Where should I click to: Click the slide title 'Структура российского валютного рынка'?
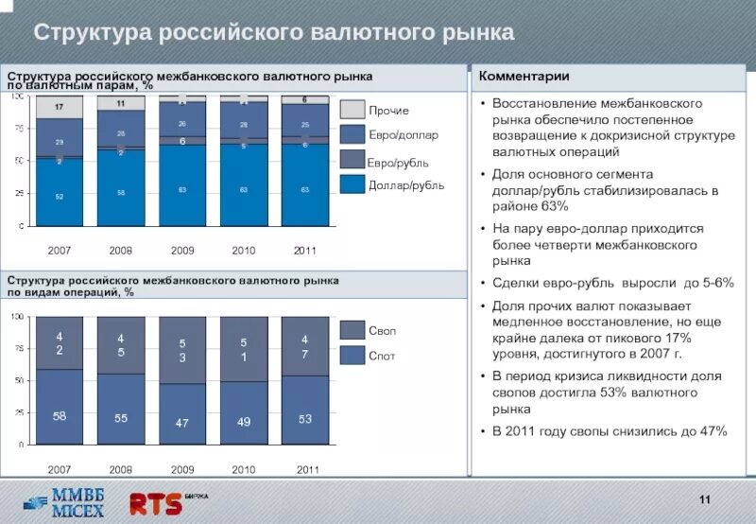pos(274,32)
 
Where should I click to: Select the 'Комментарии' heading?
pos(524,76)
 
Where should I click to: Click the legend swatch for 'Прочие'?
pos(352,111)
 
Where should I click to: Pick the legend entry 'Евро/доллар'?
pos(403,136)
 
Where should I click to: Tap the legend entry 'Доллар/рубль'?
pos(405,185)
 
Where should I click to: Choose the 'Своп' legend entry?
pos(382,331)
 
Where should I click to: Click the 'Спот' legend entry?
pos(382,356)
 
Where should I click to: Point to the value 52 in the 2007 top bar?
pos(60,196)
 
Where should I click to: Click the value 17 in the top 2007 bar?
pos(60,107)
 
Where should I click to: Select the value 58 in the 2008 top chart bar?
pos(121,192)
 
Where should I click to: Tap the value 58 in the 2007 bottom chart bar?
pos(60,416)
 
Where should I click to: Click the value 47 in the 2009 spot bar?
pos(182,423)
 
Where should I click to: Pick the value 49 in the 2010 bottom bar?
pos(244,422)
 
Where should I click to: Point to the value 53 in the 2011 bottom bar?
pos(305,419)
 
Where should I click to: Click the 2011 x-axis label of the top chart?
pos(305,251)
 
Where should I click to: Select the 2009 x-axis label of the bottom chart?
pos(182,469)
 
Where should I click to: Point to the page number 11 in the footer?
pos(704,499)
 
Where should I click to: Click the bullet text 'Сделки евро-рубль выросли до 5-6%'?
pos(612,283)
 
